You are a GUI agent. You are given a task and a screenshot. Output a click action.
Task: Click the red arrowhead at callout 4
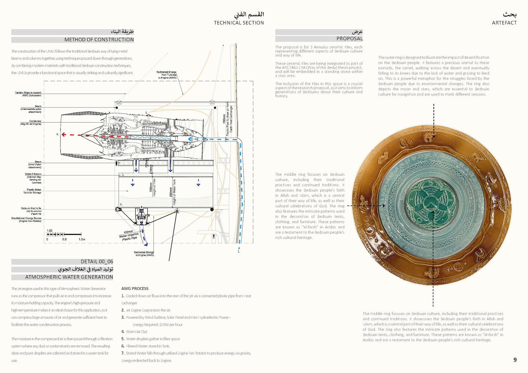(63, 134)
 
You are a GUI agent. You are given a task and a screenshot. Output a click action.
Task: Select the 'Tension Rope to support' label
(28, 93)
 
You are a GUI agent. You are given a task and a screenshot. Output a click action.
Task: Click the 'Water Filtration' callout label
(33, 174)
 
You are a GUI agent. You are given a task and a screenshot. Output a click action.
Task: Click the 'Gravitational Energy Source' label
(26, 218)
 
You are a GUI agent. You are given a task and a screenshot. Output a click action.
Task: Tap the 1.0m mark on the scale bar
(82, 239)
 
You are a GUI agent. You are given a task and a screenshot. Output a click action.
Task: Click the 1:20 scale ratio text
(49, 231)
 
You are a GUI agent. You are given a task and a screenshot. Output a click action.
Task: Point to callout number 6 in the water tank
(121, 204)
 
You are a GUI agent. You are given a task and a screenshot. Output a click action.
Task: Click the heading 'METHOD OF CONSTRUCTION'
(99, 40)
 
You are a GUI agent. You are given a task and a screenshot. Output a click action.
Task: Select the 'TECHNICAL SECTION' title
(239, 23)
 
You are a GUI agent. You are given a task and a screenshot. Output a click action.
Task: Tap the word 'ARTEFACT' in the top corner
(504, 23)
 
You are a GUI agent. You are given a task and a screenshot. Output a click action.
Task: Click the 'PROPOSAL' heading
(349, 39)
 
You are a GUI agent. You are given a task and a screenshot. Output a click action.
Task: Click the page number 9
(515, 360)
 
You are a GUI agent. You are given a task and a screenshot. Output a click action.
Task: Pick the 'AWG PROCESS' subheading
(135, 288)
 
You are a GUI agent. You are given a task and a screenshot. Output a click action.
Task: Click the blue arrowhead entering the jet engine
(190, 139)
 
